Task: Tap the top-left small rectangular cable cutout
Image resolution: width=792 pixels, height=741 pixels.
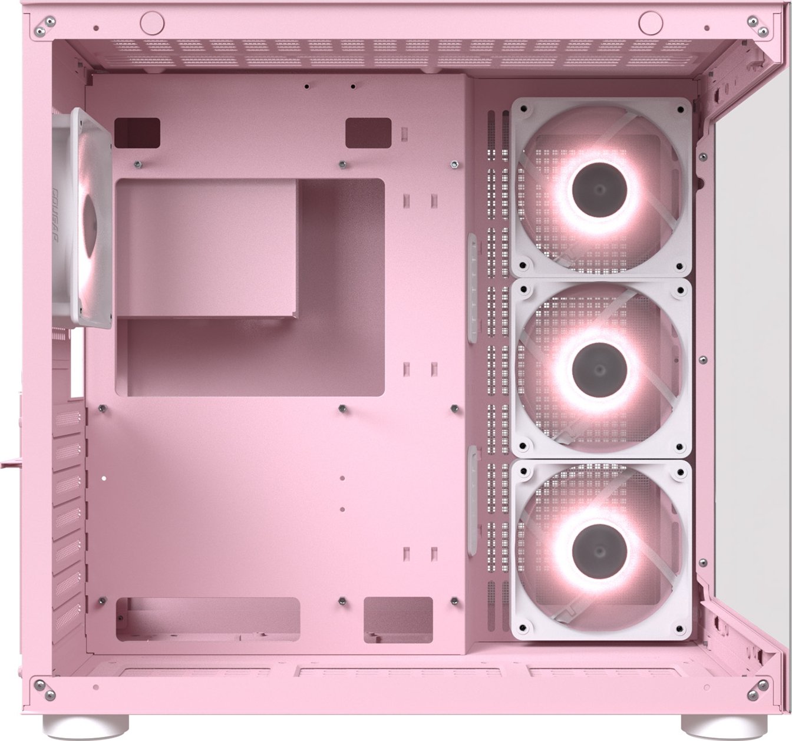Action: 137,133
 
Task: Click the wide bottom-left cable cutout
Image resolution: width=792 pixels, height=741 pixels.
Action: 209,620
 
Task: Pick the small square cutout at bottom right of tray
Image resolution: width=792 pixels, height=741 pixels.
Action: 398,620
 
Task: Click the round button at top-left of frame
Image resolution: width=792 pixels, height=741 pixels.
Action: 152,22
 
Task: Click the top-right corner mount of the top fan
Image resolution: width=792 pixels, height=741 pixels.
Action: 681,109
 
